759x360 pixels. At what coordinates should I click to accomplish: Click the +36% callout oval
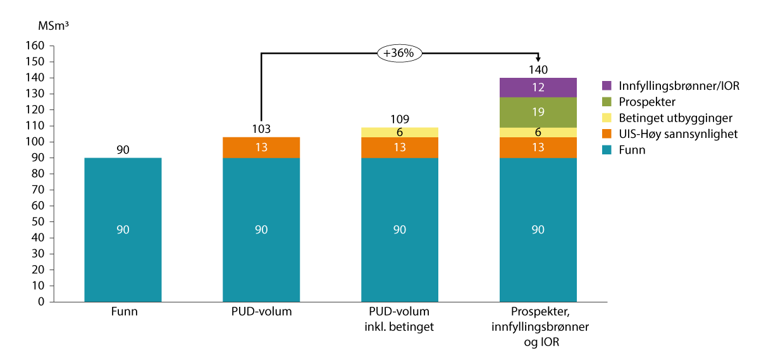click(x=400, y=54)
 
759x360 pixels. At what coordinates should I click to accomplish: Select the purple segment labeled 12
click(x=538, y=87)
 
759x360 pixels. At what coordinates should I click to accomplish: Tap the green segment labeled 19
click(x=538, y=112)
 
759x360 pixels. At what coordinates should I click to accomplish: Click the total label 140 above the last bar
click(x=538, y=70)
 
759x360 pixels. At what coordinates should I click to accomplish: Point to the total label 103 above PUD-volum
click(x=261, y=129)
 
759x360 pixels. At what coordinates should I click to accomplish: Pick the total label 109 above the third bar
click(x=400, y=119)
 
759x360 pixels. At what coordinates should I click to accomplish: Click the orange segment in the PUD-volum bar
click(x=261, y=147)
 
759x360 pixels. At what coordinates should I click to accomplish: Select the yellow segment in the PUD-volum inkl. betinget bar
click(x=400, y=132)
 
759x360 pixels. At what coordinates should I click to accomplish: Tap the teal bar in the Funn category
click(x=123, y=229)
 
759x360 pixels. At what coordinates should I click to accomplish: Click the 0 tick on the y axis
click(x=40, y=302)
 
